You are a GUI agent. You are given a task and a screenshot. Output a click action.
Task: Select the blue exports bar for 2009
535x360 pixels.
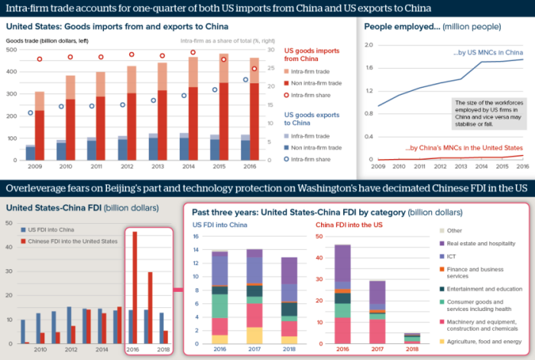tap(31, 154)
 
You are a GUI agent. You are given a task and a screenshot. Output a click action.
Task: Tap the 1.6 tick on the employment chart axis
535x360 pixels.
tap(368, 69)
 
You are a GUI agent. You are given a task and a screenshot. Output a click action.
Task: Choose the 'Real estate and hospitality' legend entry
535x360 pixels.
tap(486, 243)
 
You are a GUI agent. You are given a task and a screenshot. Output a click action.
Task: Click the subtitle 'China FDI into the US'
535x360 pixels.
tap(351, 225)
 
